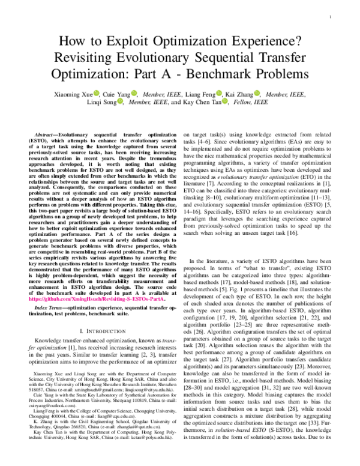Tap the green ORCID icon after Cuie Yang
pos(134,94)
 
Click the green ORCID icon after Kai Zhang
pos(257,94)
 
